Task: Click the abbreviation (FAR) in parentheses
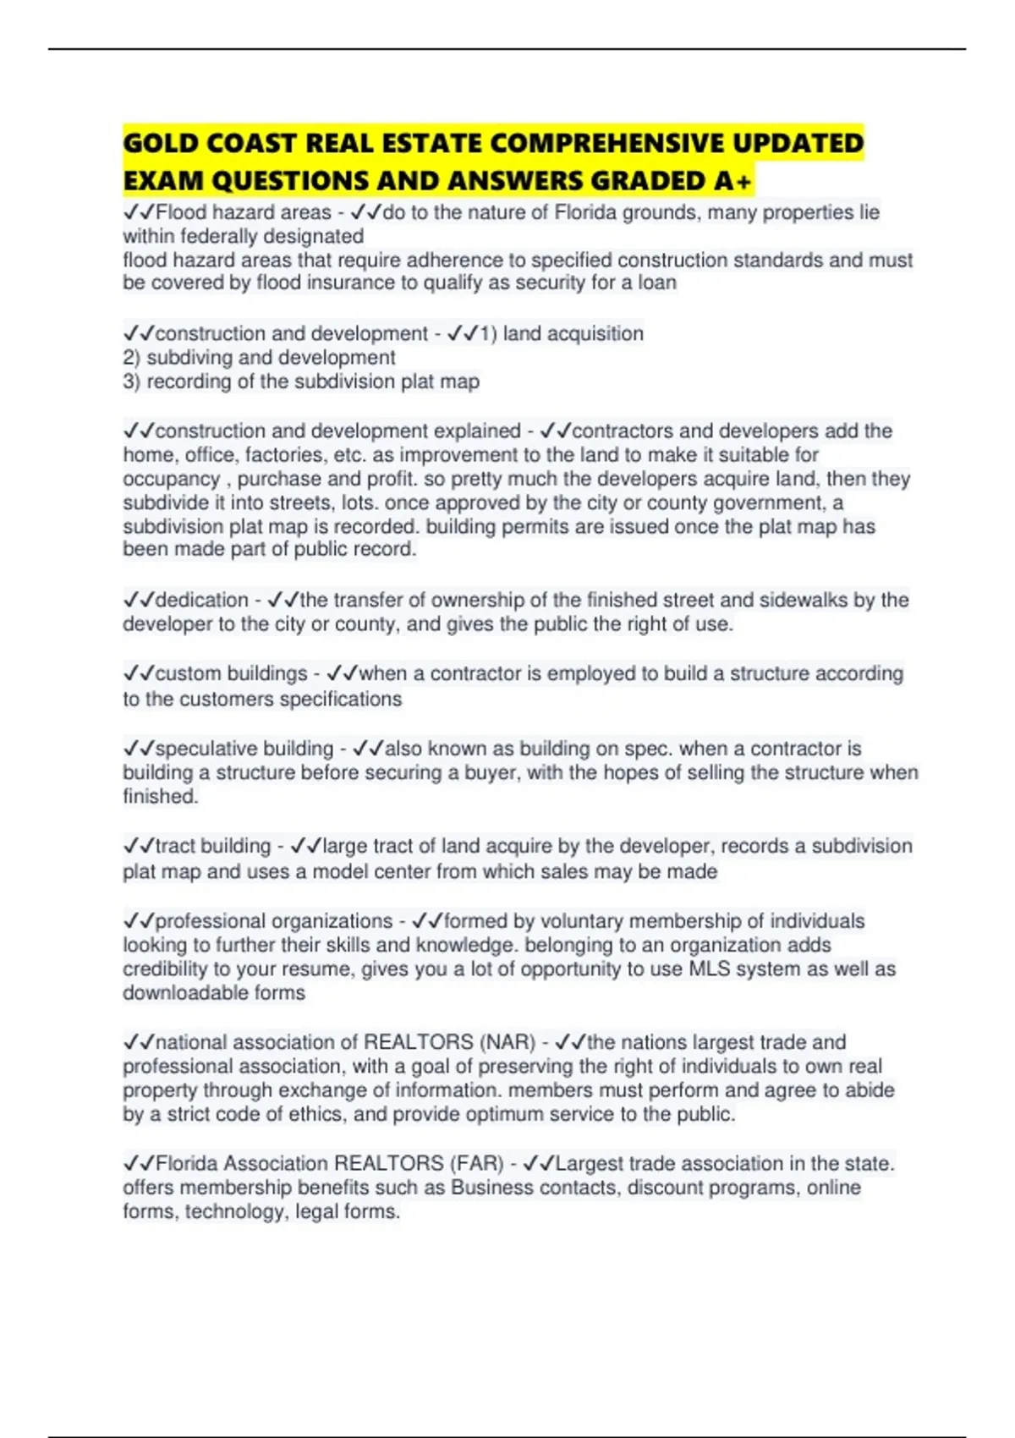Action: tap(477, 1164)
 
